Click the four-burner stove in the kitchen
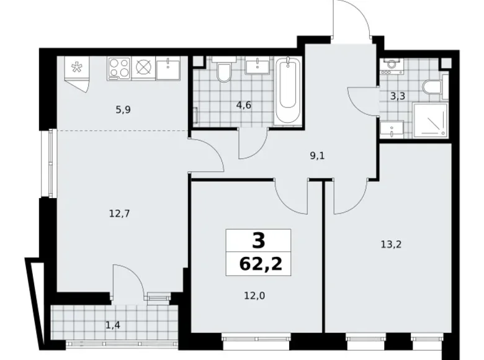tap(119, 68)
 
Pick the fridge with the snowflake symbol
tap(78, 69)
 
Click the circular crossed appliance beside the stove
tap(144, 68)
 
